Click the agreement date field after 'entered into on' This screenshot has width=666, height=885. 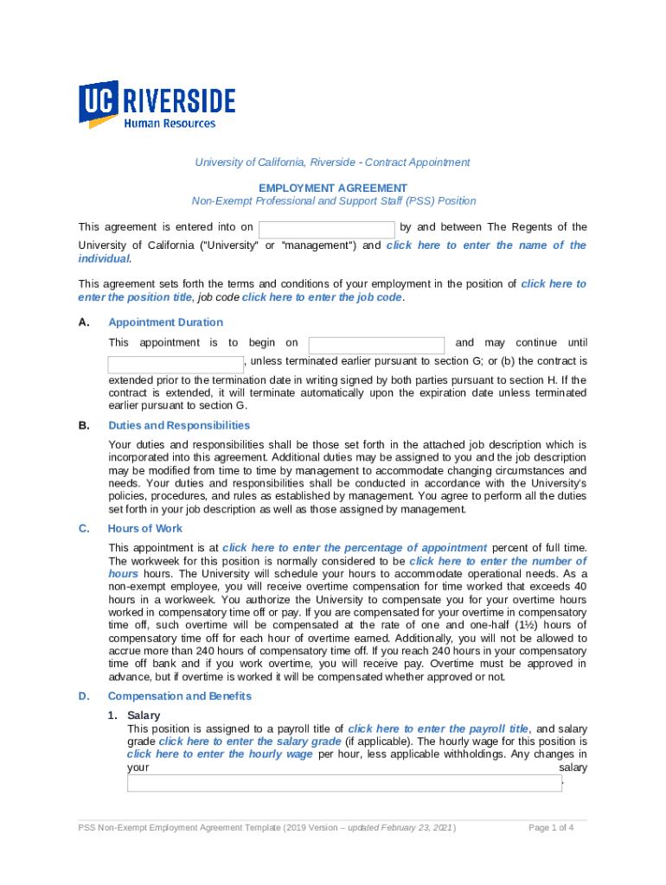coord(327,229)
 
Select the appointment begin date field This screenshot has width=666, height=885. coord(376,344)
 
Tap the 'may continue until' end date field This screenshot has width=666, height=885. coord(176,364)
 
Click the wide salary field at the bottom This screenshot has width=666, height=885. coord(344,783)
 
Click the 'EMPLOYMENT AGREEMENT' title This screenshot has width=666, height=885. coord(333,188)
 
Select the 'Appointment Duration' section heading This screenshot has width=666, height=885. coord(165,322)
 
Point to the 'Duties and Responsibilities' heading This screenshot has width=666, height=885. coord(179,425)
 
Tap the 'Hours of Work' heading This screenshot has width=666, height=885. coord(145,528)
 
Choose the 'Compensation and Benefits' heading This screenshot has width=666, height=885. coord(179,696)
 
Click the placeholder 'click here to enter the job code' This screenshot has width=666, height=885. coord(322,297)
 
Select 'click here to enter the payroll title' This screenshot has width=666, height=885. coord(439,729)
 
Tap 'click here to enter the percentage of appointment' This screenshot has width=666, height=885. coord(355,547)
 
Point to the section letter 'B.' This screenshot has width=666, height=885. coord(84,425)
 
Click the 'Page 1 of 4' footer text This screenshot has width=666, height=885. coord(551,828)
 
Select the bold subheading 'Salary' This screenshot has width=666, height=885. coord(144,716)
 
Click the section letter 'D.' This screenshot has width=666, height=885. coord(84,696)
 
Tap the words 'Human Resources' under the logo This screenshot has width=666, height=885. coord(170,124)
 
